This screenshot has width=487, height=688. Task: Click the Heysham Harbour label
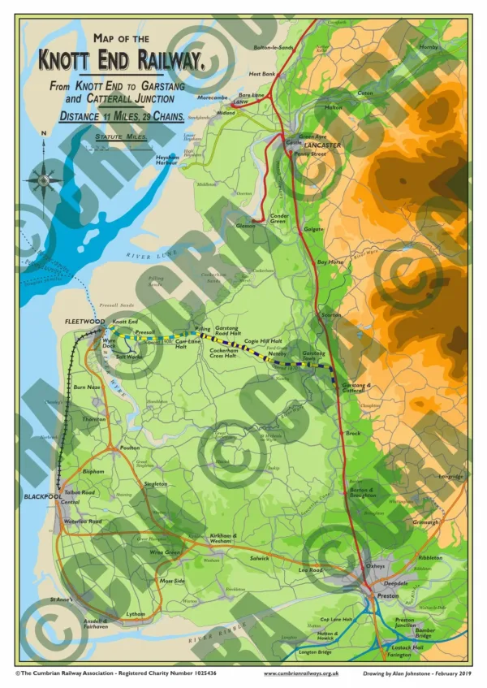(167, 161)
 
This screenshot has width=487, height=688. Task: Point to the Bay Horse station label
(330, 262)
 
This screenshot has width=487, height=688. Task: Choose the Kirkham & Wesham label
(223, 538)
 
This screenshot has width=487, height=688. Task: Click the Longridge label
(450, 477)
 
